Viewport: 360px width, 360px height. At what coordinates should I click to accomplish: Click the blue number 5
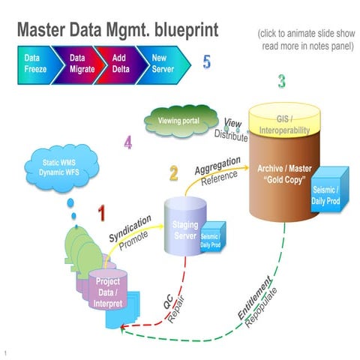pos(207,62)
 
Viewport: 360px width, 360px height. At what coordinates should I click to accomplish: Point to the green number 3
pos(281,80)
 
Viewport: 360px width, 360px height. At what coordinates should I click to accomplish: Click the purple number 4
pos(128,141)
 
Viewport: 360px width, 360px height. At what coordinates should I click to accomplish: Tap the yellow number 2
pos(173,175)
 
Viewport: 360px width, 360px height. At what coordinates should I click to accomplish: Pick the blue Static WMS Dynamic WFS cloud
pos(59,169)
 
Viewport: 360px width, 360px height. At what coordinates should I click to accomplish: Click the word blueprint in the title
pos(178,31)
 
